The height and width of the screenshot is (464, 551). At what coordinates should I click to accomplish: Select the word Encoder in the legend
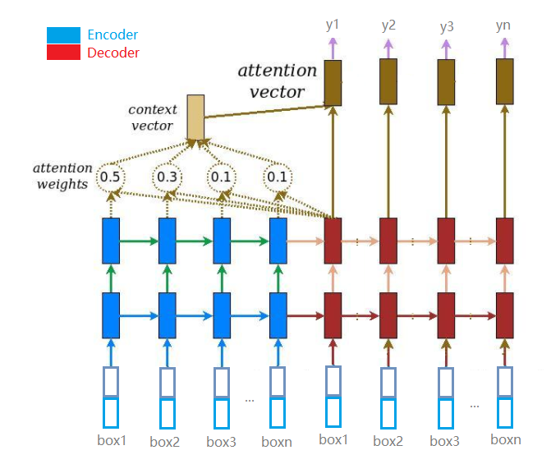pyautogui.click(x=112, y=35)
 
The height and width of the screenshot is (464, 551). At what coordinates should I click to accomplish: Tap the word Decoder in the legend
pyautogui.click(x=112, y=53)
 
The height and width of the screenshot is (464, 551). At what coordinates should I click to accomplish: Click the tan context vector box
pyautogui.click(x=195, y=117)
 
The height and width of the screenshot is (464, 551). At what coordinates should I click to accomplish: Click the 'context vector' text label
pyautogui.click(x=151, y=117)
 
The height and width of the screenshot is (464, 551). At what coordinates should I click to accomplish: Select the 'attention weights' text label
pyautogui.click(x=62, y=176)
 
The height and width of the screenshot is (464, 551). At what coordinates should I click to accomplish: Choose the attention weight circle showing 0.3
pyautogui.click(x=167, y=177)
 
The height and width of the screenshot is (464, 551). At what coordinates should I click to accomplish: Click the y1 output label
pyautogui.click(x=333, y=25)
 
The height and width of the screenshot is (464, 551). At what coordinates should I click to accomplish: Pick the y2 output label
pyautogui.click(x=388, y=25)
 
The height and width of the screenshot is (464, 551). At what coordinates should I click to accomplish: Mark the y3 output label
pyautogui.click(x=447, y=26)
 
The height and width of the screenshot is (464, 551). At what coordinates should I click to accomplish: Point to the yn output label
pyautogui.click(x=503, y=25)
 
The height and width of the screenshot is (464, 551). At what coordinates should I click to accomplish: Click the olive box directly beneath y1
pyautogui.click(x=333, y=82)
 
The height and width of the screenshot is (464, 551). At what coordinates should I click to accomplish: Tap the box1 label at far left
pyautogui.click(x=112, y=440)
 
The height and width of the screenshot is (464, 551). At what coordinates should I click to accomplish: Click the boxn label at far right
pyautogui.click(x=506, y=439)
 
